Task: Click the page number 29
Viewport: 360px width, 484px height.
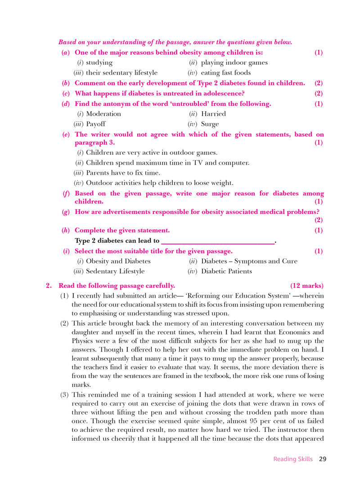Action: pyautogui.click(x=322, y=459)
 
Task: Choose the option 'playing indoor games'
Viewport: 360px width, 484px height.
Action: pyautogui.click(x=234, y=63)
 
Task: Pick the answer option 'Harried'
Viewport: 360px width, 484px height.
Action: pyautogui.click(x=213, y=114)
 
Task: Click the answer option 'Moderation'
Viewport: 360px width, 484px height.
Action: pyautogui.click(x=103, y=114)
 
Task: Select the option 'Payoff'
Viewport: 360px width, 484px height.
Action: pyautogui.click(x=96, y=124)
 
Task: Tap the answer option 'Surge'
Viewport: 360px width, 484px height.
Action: pyautogui.click(x=210, y=124)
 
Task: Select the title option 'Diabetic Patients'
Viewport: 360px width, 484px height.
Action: pyautogui.click(x=226, y=271)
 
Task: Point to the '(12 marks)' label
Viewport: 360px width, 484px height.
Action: pyautogui.click(x=307, y=286)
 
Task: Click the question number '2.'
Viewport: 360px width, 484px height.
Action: pyautogui.click(x=49, y=286)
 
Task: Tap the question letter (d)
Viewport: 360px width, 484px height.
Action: pyautogui.click(x=66, y=104)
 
